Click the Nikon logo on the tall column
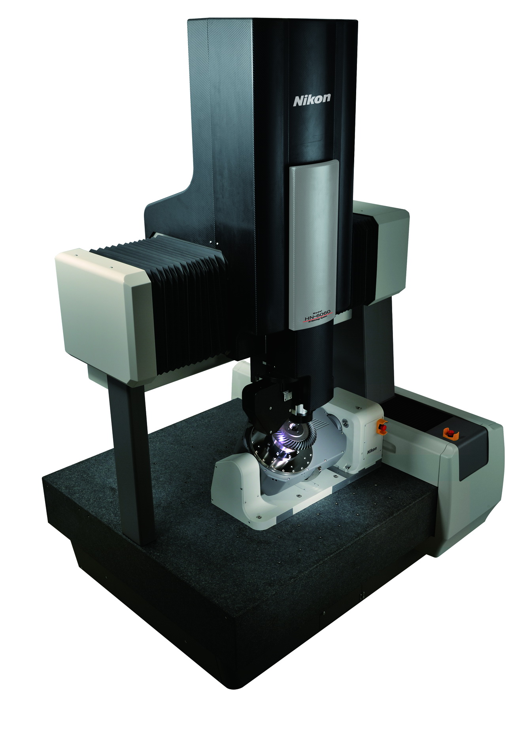[312, 99]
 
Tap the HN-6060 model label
[317, 306]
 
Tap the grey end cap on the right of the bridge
[389, 249]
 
